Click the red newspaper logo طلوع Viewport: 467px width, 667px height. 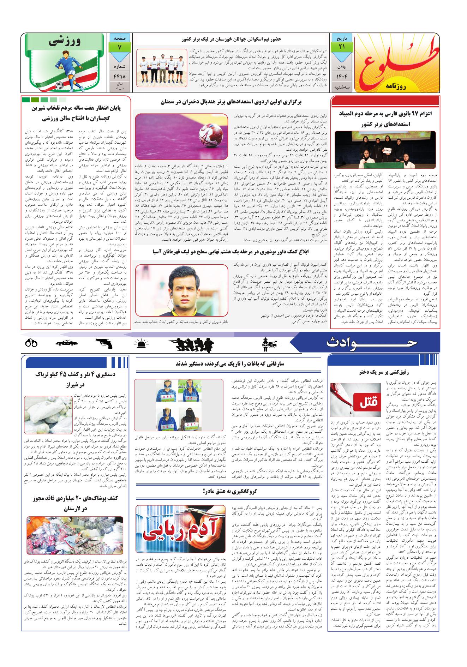click(x=397, y=62)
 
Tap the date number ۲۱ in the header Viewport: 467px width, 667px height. click(x=341, y=47)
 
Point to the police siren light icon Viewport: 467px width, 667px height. click(x=142, y=343)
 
